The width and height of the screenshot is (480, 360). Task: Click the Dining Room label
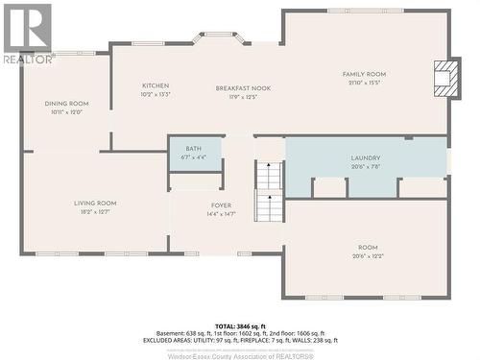pyautogui.click(x=66, y=104)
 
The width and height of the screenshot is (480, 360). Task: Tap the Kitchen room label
pyautogui.click(x=156, y=86)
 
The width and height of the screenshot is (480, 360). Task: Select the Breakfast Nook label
pyautogui.click(x=243, y=88)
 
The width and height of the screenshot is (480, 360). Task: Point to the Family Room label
pyautogui.click(x=364, y=74)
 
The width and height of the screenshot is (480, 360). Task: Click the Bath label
pyautogui.click(x=194, y=149)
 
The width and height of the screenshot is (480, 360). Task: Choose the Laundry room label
pyautogui.click(x=366, y=158)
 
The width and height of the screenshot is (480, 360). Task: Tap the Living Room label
pyautogui.click(x=95, y=203)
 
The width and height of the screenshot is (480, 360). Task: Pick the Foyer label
pyautogui.click(x=222, y=206)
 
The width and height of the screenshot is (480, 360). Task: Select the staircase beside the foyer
pyautogui.click(x=269, y=193)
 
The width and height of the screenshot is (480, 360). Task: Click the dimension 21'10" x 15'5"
pyautogui.click(x=364, y=83)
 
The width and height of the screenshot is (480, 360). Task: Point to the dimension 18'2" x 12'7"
pyautogui.click(x=95, y=212)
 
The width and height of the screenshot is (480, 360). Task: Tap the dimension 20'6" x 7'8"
pyautogui.click(x=366, y=167)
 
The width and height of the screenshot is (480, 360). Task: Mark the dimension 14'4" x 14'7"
pyautogui.click(x=222, y=215)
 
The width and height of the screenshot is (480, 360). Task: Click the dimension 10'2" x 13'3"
pyautogui.click(x=156, y=95)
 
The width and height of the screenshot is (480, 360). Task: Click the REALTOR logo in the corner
pyautogui.click(x=26, y=33)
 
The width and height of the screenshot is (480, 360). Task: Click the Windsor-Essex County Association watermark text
pyautogui.click(x=240, y=354)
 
